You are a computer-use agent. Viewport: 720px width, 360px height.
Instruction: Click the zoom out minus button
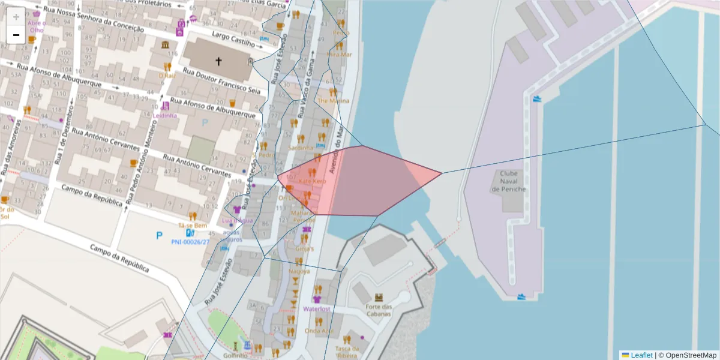(x=16, y=35)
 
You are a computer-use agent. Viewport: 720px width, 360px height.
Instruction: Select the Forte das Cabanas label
(x=378, y=310)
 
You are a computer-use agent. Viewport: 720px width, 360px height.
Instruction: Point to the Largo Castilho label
(x=233, y=40)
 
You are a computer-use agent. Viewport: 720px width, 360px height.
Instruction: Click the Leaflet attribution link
(x=641, y=355)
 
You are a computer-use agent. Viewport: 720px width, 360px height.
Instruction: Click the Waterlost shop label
(x=317, y=309)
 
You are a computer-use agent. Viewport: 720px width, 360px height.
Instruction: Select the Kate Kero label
(x=312, y=181)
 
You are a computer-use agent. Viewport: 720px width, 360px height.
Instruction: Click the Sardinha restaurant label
(x=301, y=147)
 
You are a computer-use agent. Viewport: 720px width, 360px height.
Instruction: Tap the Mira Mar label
(x=339, y=54)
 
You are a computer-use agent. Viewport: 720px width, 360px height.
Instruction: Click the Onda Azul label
(x=319, y=331)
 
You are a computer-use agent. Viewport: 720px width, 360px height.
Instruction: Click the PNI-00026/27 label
(x=190, y=242)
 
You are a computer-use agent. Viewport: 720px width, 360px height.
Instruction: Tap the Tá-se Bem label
(x=192, y=225)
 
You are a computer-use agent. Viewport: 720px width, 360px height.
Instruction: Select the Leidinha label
(x=165, y=115)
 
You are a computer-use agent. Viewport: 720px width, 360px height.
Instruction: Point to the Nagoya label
(x=299, y=271)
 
